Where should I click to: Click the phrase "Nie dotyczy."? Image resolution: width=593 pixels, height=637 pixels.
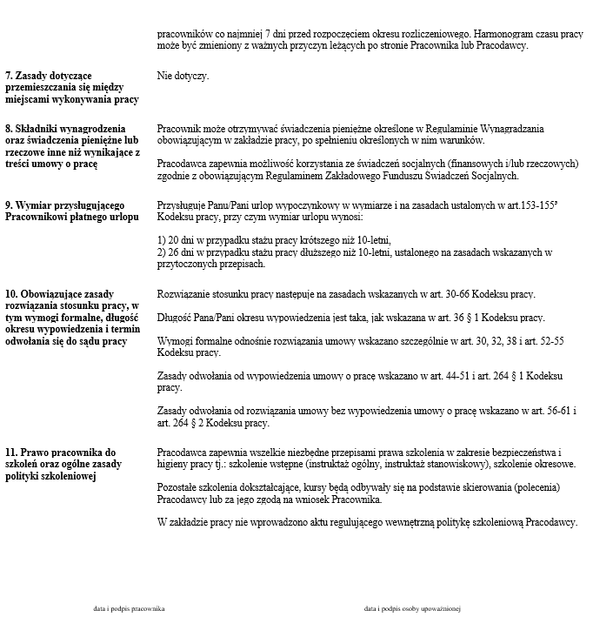(x=183, y=77)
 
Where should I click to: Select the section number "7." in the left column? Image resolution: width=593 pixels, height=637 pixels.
(x=10, y=77)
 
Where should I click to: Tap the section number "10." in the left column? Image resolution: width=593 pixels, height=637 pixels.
(x=12, y=294)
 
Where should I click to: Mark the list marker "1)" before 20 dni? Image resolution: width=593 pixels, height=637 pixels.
(x=162, y=239)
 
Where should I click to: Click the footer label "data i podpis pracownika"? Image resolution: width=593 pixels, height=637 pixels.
(x=129, y=609)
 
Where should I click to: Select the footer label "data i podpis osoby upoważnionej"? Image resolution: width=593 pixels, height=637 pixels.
(x=411, y=609)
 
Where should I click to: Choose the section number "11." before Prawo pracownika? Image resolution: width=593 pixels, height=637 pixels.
(x=12, y=453)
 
